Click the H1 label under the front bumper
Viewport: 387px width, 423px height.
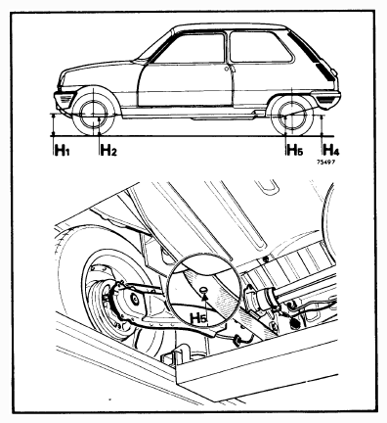62,151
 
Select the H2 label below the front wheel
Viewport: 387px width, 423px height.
108,151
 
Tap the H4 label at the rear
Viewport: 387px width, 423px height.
331,150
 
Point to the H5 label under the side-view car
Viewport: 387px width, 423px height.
295,150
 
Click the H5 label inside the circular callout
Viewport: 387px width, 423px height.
199,318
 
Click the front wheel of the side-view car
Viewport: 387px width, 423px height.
94,115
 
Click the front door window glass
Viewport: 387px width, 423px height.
193,49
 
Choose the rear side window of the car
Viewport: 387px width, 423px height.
260,46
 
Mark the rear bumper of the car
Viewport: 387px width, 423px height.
325,96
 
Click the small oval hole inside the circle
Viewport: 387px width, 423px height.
204,289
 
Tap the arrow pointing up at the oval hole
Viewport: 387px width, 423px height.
204,303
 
